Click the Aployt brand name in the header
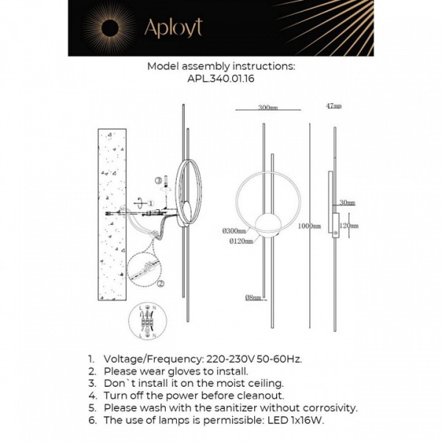tap(172, 28)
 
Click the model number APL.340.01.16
tap(221, 77)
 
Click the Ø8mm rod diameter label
tap(254, 298)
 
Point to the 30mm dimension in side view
tap(348, 203)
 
